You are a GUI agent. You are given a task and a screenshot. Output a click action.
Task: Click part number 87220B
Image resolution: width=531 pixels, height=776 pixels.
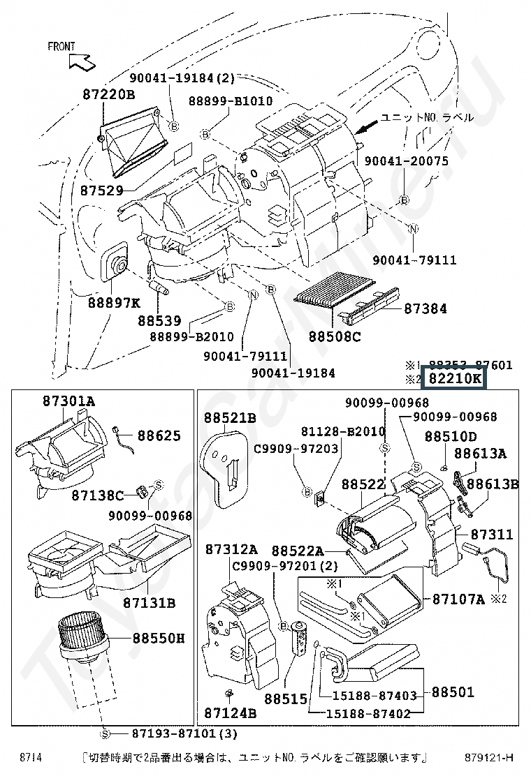click(x=108, y=94)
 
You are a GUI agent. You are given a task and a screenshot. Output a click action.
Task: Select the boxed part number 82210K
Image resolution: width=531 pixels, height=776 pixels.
click(x=455, y=379)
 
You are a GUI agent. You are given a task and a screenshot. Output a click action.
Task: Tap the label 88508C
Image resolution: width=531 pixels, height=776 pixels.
click(x=335, y=336)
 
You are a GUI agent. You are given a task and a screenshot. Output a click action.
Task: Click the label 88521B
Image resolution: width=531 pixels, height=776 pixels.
click(x=230, y=418)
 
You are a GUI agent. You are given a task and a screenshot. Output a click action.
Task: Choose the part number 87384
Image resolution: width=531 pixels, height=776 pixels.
click(x=425, y=308)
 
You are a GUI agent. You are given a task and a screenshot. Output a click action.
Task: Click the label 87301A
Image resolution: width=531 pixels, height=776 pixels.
click(x=68, y=401)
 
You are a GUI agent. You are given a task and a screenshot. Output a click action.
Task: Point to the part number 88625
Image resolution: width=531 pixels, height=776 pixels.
click(x=159, y=435)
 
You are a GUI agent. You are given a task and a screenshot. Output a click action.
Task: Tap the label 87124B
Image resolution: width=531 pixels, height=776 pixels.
click(x=230, y=713)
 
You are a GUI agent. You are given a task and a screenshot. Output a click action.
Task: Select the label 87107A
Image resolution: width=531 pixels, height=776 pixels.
click(x=458, y=599)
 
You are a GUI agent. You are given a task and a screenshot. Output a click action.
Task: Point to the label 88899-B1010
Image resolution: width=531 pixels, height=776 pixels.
click(x=230, y=101)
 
